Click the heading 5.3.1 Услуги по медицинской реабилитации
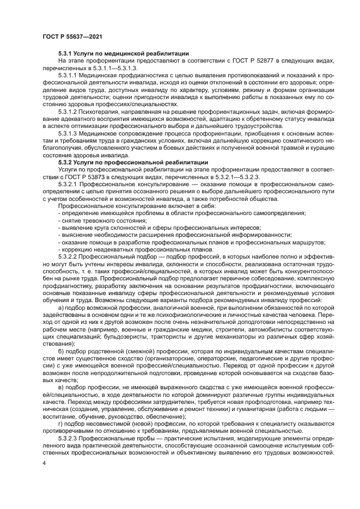point(123,53)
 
